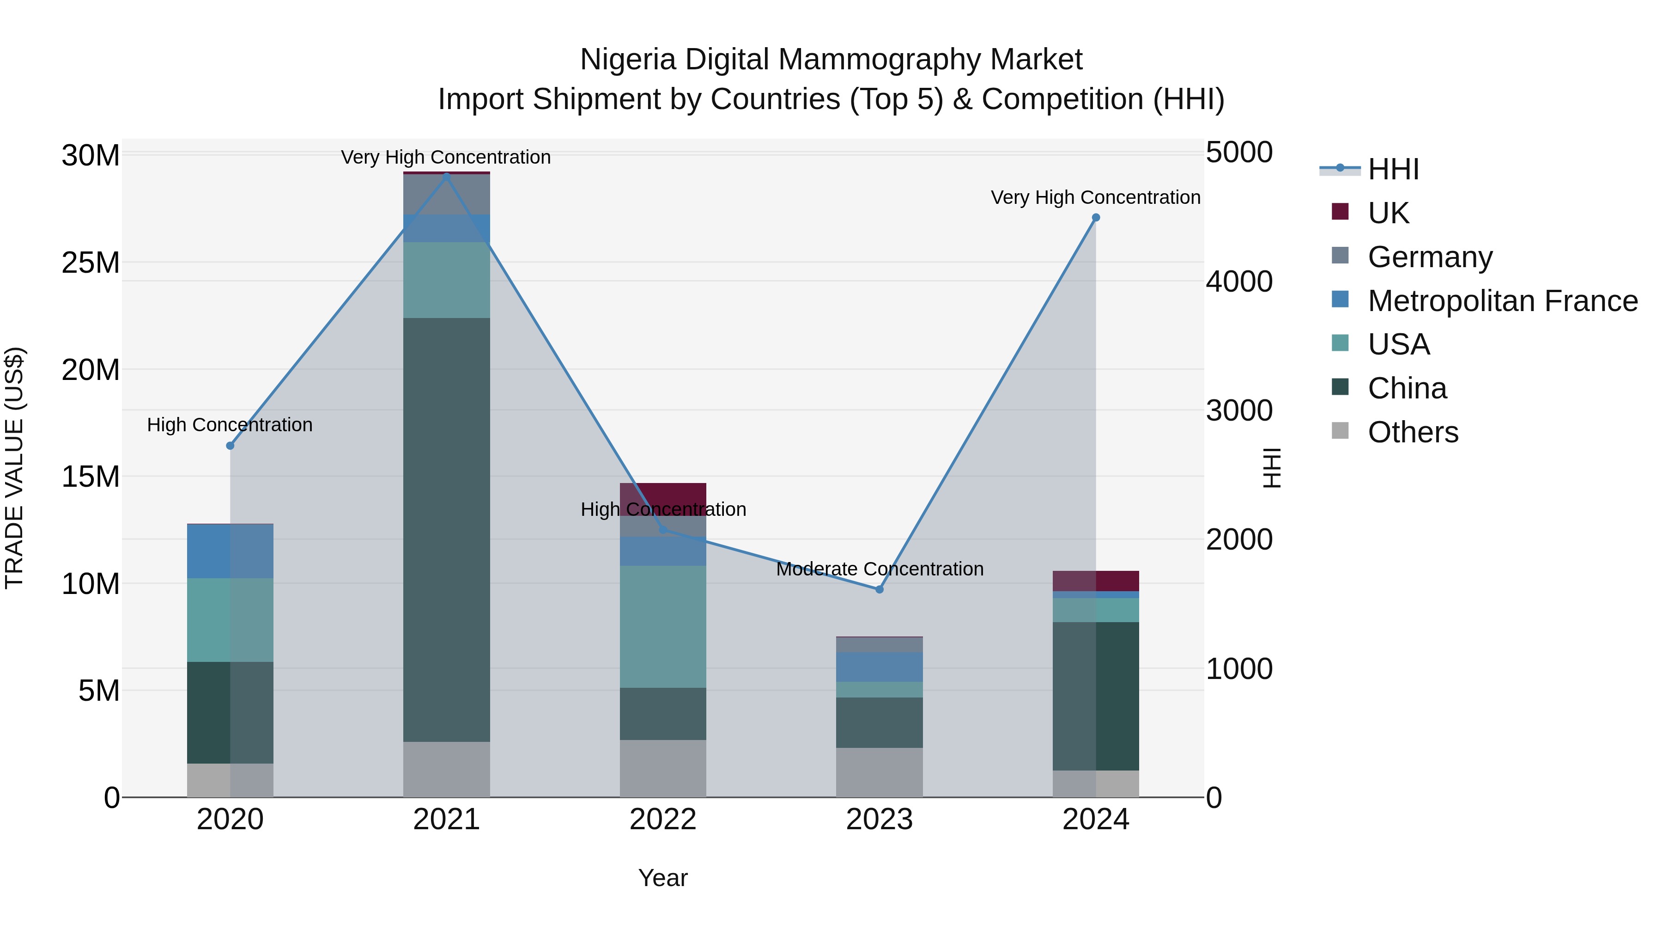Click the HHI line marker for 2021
pos(446,176)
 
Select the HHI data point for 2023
pos(879,589)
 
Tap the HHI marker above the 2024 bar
pos(1096,218)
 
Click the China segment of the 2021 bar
pos(446,530)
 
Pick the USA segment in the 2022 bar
pos(662,627)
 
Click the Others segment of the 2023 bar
pos(879,772)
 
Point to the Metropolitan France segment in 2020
pos(230,551)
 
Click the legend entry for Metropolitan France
pos(1502,301)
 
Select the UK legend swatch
pos(1340,212)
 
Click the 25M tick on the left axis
pos(91,263)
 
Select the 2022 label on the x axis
pos(662,820)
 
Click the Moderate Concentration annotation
pos(879,569)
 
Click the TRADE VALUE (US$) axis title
pos(14,468)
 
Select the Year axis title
pos(662,878)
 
